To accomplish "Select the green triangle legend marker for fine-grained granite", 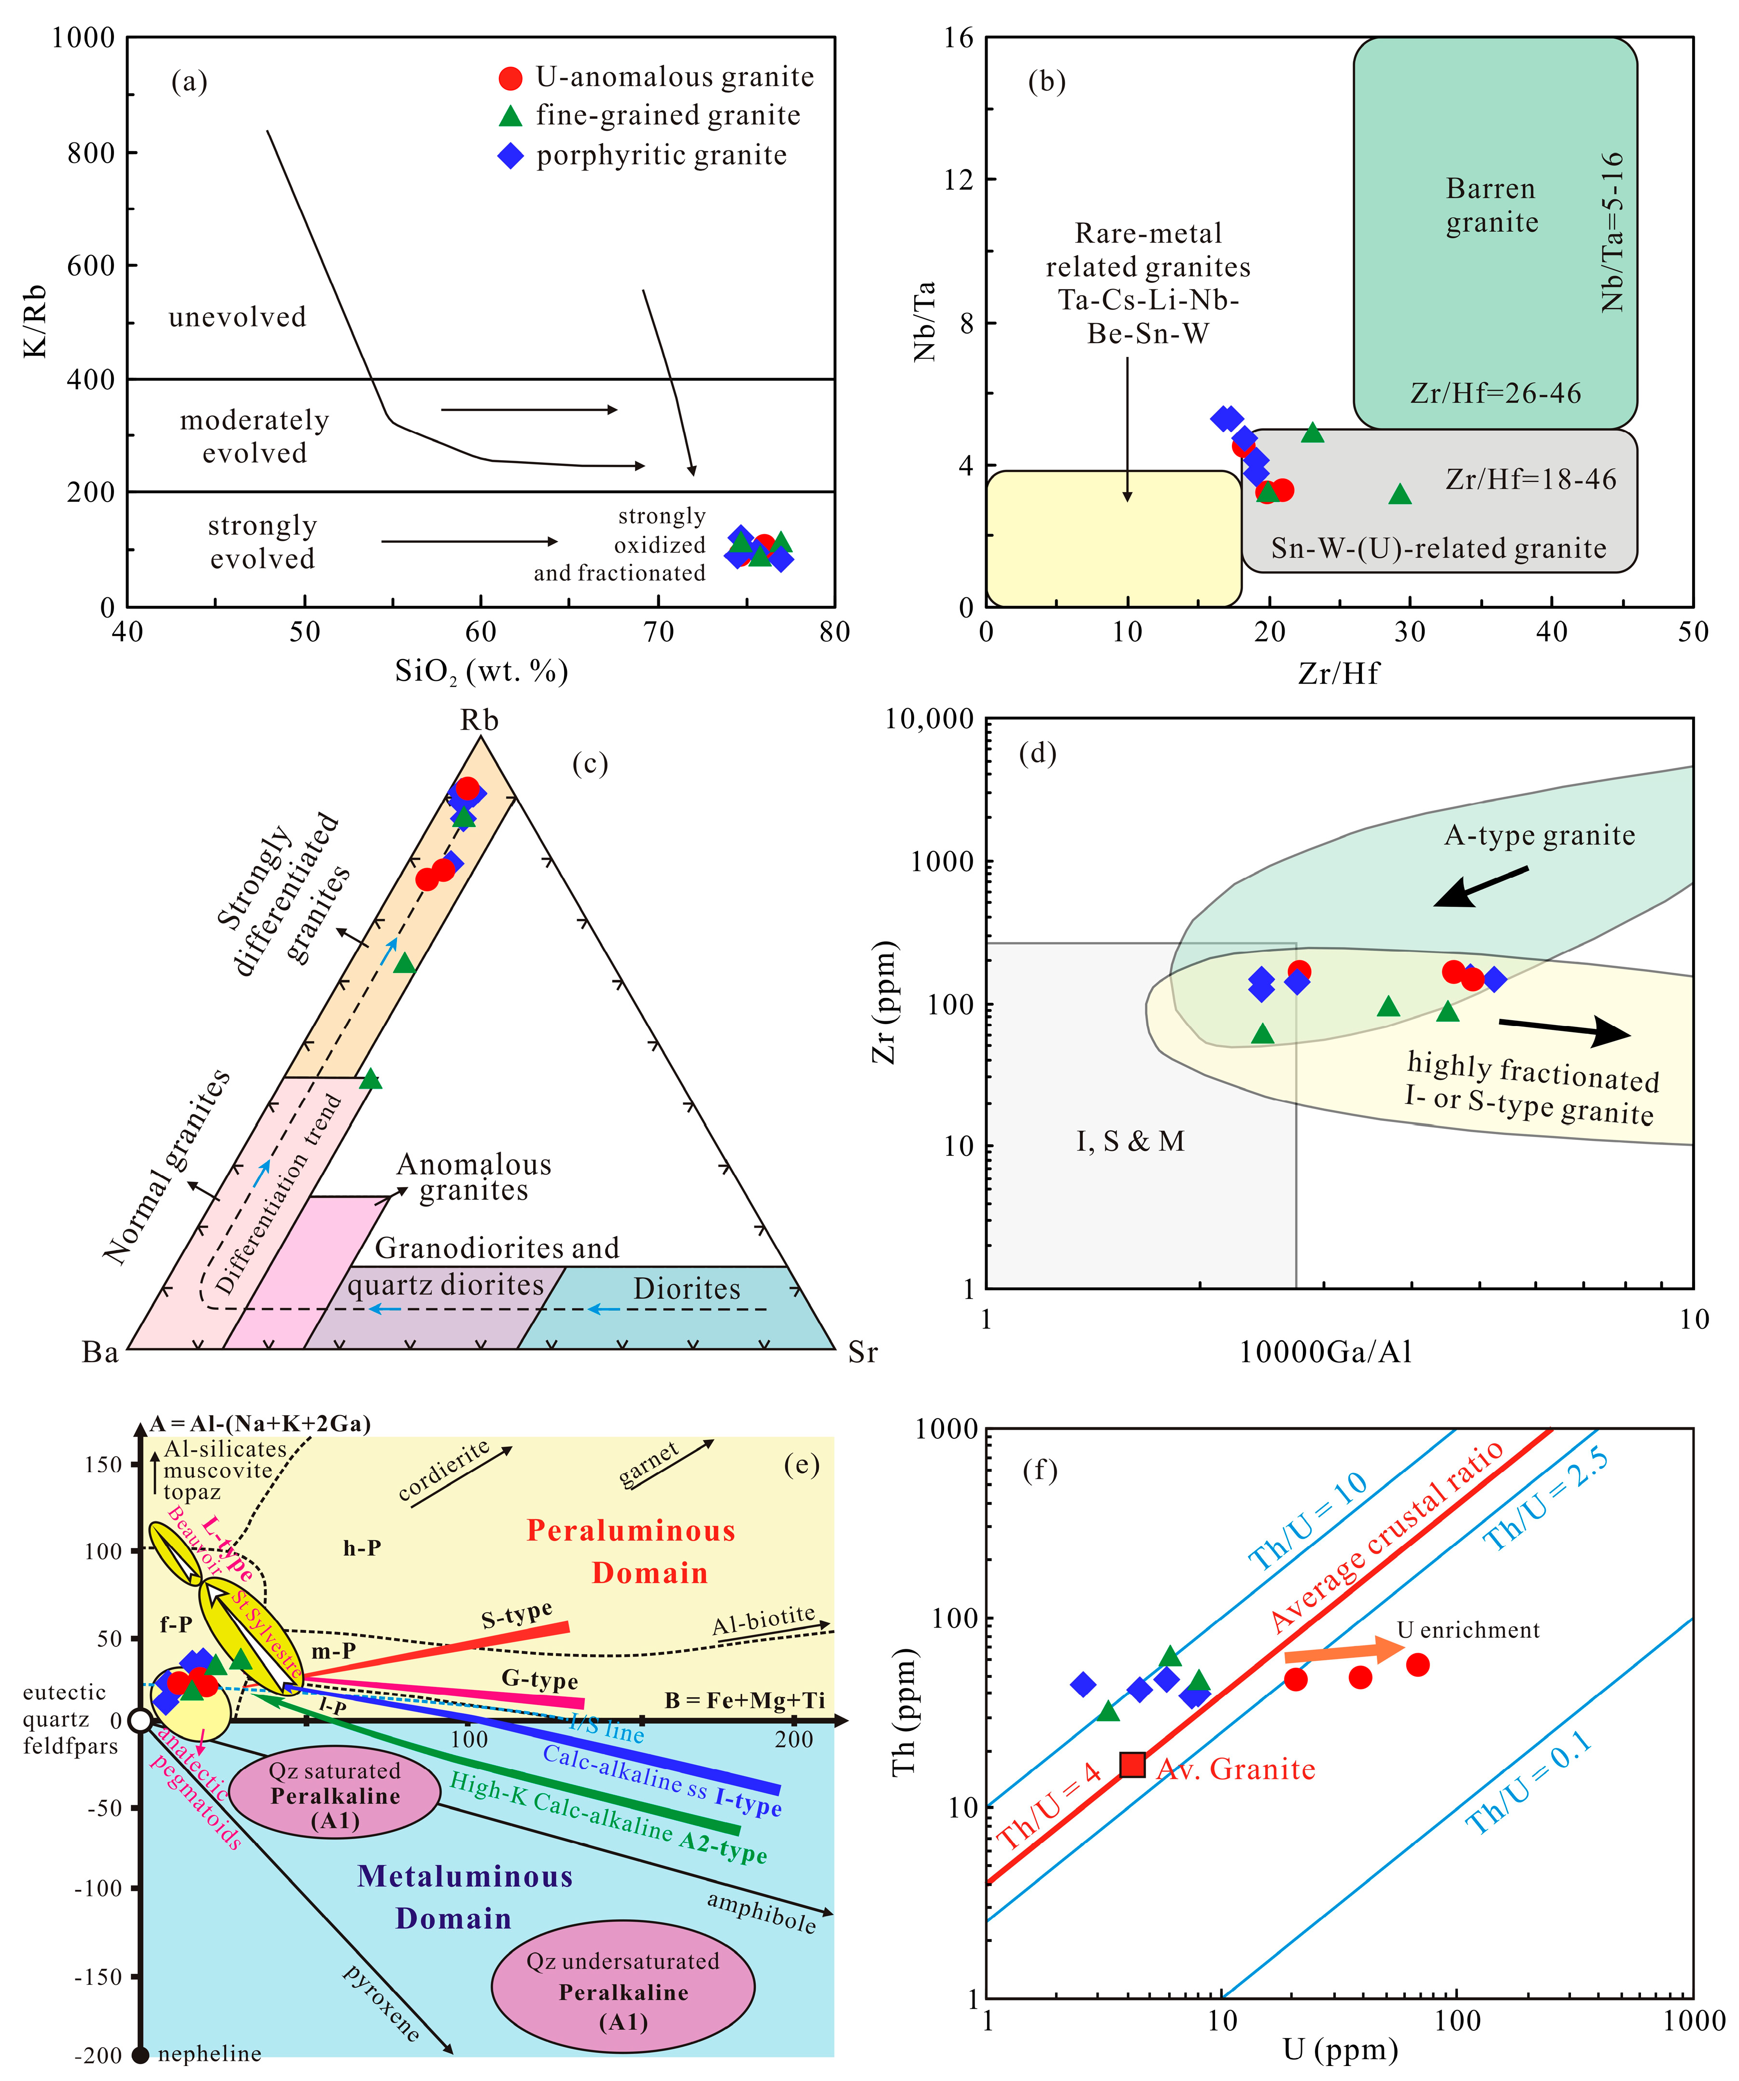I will coord(510,116).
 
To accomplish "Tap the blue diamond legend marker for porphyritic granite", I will coord(510,155).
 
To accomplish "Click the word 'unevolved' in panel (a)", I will coord(238,317).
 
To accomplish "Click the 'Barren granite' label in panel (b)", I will coord(1491,205).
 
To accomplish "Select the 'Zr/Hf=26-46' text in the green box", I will coord(1495,394).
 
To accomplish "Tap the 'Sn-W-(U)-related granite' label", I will coord(1439,548).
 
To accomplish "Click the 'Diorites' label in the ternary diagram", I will coord(687,1289).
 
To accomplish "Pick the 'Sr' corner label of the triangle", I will coord(862,1353).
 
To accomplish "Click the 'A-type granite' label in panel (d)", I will coord(1539,835).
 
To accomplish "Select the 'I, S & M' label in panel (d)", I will coord(1131,1141).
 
